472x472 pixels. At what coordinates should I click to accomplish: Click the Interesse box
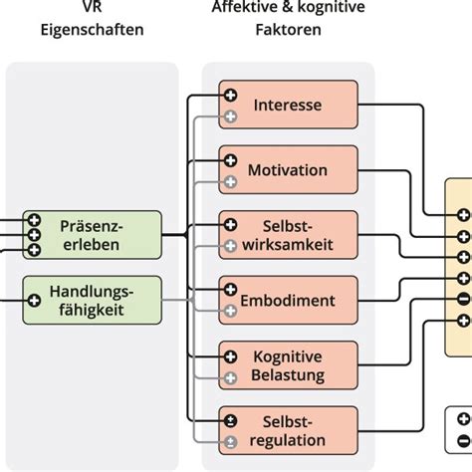click(x=289, y=106)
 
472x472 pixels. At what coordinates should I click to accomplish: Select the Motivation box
click(x=289, y=169)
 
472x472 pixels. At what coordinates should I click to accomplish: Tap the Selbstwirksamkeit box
click(x=289, y=235)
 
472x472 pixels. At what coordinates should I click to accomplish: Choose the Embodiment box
click(x=289, y=300)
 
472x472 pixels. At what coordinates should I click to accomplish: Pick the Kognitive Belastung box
click(x=289, y=365)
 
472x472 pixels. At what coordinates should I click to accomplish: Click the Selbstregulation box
click(x=289, y=430)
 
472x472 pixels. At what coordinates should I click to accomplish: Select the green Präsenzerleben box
click(x=92, y=235)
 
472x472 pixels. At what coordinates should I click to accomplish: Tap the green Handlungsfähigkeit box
click(x=92, y=300)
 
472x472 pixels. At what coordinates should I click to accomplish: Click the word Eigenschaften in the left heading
click(x=92, y=29)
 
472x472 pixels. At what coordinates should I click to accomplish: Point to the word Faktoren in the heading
click(x=289, y=29)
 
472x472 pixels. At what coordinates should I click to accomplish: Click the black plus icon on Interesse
click(x=231, y=96)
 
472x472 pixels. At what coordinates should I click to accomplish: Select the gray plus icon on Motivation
click(x=231, y=182)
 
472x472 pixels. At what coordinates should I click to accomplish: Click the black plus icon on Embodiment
click(x=231, y=290)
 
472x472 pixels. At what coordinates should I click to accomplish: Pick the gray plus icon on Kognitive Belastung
click(x=231, y=378)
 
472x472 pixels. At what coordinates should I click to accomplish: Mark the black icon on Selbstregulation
click(x=231, y=420)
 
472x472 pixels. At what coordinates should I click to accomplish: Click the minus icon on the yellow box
click(x=462, y=300)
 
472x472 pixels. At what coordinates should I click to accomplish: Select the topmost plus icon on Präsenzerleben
click(x=34, y=220)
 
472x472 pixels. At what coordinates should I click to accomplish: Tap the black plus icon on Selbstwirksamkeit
click(x=231, y=225)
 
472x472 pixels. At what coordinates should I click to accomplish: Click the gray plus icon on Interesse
click(x=231, y=118)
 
